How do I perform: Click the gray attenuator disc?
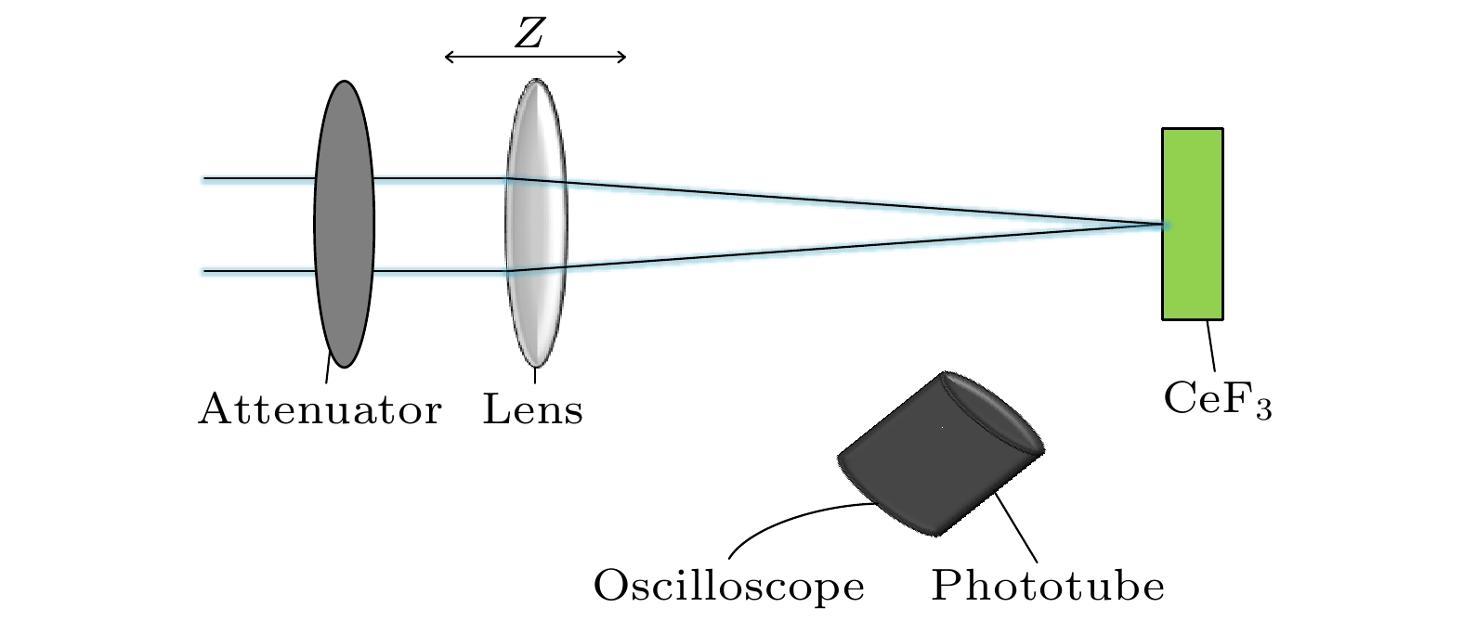[344, 224]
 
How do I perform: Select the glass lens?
[536, 224]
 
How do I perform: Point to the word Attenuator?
[320, 408]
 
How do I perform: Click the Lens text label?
[533, 408]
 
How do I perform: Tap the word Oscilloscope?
[729, 587]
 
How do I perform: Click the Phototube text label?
[1048, 587]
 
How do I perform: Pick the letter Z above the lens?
[529, 33]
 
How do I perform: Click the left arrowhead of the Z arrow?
[449, 58]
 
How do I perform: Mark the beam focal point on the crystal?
[1163, 224]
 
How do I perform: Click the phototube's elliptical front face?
[992, 413]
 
